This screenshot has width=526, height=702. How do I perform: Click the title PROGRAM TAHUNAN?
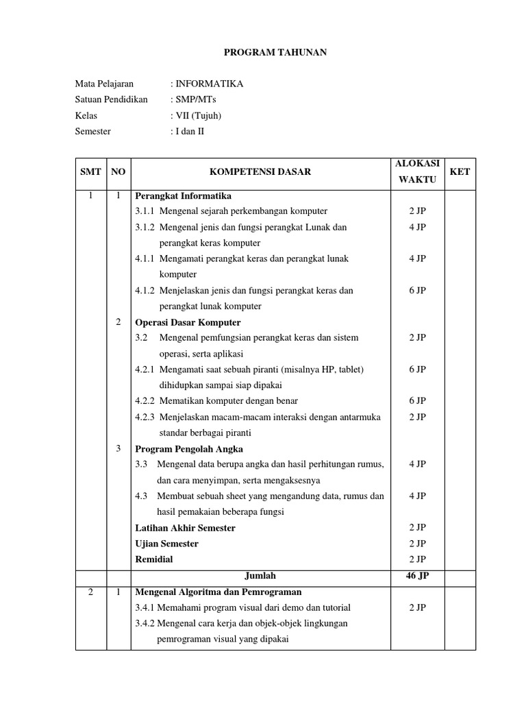[x=267, y=52]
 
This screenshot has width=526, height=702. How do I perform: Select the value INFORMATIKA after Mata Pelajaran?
[x=208, y=84]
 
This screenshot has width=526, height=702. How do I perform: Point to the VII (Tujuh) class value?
[x=199, y=116]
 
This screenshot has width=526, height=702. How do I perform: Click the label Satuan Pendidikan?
[x=111, y=100]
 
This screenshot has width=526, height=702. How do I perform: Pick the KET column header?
[x=460, y=172]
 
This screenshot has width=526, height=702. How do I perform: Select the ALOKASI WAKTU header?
[x=417, y=171]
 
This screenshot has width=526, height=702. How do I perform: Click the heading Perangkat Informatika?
[x=184, y=195]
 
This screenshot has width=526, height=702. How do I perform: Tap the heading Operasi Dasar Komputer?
[x=188, y=322]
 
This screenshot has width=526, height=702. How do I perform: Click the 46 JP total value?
[x=417, y=576]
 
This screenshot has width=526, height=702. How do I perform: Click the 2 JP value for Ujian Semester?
[x=417, y=544]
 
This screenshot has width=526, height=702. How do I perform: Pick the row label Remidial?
[x=154, y=559]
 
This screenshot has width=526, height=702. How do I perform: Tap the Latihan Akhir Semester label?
[x=185, y=528]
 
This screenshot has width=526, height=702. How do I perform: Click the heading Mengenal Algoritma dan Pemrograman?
[x=218, y=592]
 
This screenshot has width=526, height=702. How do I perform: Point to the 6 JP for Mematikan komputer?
[x=417, y=401]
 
